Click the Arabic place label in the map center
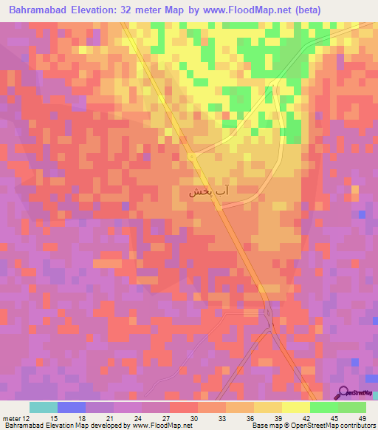tap(209, 191)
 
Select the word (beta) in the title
tap(307, 12)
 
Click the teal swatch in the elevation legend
tap(44, 407)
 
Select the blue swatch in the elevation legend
tap(72, 407)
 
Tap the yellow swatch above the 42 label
tap(295, 407)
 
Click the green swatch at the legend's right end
tap(351, 407)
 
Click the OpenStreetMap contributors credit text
tap(324, 426)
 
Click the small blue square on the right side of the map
tap(361, 214)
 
